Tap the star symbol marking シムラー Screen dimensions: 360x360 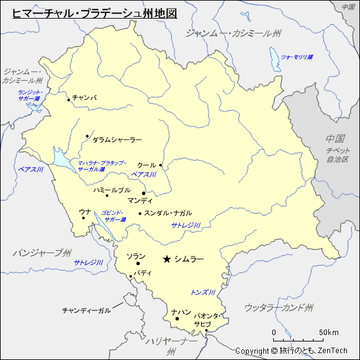coord(166,259)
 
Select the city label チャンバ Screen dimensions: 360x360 coord(84,97)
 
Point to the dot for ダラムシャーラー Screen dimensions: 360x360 coord(88,137)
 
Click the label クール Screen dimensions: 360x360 coord(146,166)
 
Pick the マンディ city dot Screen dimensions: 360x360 coord(143,193)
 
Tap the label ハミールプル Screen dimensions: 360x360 coord(112,190)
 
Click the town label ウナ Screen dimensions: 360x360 coord(85,212)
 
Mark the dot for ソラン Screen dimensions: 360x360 coord(138,264)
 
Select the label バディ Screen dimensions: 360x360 coord(143,272)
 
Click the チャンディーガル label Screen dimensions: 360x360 coord(86,310)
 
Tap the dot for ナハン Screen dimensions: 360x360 coord(177,319)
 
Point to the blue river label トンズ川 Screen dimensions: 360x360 coord(203,292)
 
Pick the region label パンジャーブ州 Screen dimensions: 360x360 coord(42,253)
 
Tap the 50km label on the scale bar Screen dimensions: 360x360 coord(329,332)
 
